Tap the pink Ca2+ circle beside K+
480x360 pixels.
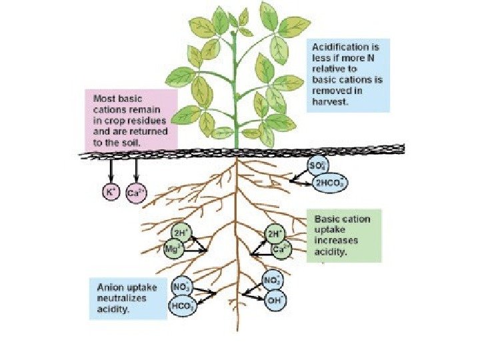pyautogui.click(x=135, y=195)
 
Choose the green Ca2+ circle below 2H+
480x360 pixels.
pyautogui.click(x=281, y=250)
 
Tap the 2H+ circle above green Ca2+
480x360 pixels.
pyautogui.click(x=274, y=235)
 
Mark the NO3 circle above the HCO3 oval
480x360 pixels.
pyautogui.click(x=181, y=287)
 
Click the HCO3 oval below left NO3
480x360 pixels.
pyautogui.click(x=183, y=307)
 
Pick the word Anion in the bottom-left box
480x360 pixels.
pyautogui.click(x=110, y=287)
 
